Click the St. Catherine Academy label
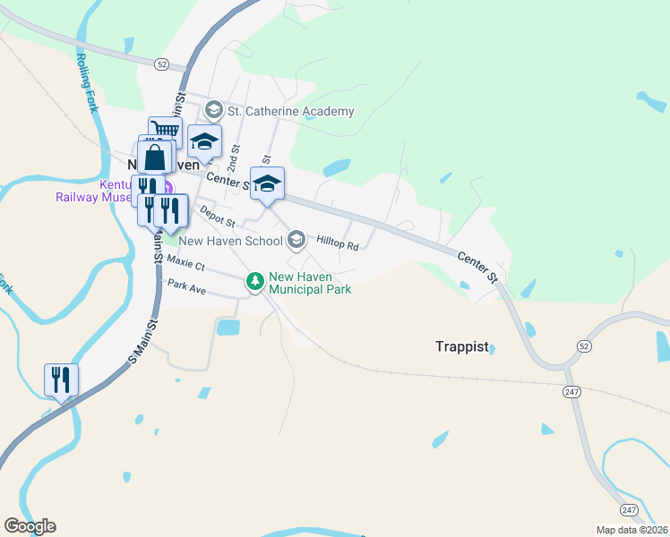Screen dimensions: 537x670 [x=291, y=112]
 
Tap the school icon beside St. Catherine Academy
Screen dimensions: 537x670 [x=214, y=111]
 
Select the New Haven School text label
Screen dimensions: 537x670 [x=230, y=241]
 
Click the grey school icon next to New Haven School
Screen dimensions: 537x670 [x=296, y=240]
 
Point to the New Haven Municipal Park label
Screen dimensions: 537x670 [x=310, y=283]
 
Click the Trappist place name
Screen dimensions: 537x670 [x=462, y=347]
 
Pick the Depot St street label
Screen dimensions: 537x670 [x=217, y=215]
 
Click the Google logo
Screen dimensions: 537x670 [x=30, y=526]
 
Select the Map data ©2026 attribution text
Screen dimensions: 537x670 [x=631, y=530]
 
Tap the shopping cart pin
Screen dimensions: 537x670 [x=165, y=133]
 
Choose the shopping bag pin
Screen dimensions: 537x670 [x=155, y=158]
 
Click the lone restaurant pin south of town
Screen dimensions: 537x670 [x=61, y=379]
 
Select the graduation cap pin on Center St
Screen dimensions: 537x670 [x=267, y=183]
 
